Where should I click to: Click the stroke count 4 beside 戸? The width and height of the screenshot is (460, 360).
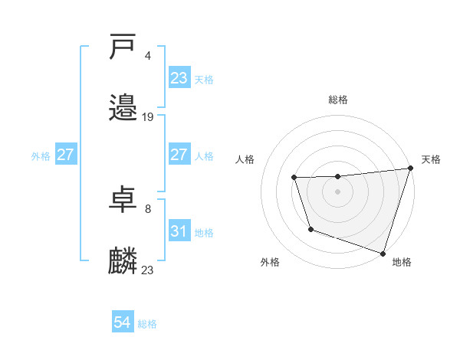click(x=147, y=56)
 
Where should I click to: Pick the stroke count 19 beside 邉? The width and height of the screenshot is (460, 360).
click(x=148, y=117)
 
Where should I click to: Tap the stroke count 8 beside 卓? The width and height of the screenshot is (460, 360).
click(x=147, y=208)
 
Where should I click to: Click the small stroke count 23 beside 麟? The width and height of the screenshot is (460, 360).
click(x=148, y=270)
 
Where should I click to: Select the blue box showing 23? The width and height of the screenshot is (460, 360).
click(x=179, y=78)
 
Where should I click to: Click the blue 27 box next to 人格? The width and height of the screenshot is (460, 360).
click(x=179, y=155)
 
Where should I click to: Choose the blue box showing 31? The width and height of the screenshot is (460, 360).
click(x=179, y=231)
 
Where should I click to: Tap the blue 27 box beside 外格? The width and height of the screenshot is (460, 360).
click(x=66, y=155)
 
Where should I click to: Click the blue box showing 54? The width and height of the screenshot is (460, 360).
click(x=123, y=323)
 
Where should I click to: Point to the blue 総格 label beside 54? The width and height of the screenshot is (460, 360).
click(x=147, y=324)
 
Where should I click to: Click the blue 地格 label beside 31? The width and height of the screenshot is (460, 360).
click(x=204, y=232)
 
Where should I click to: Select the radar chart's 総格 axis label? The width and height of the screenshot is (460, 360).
click(x=338, y=100)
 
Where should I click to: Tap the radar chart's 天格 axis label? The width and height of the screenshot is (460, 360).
click(x=431, y=159)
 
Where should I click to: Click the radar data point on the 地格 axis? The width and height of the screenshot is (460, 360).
click(x=383, y=252)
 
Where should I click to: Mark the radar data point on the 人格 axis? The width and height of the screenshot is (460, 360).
click(x=294, y=178)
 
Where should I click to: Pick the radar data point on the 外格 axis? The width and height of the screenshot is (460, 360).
click(x=310, y=229)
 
